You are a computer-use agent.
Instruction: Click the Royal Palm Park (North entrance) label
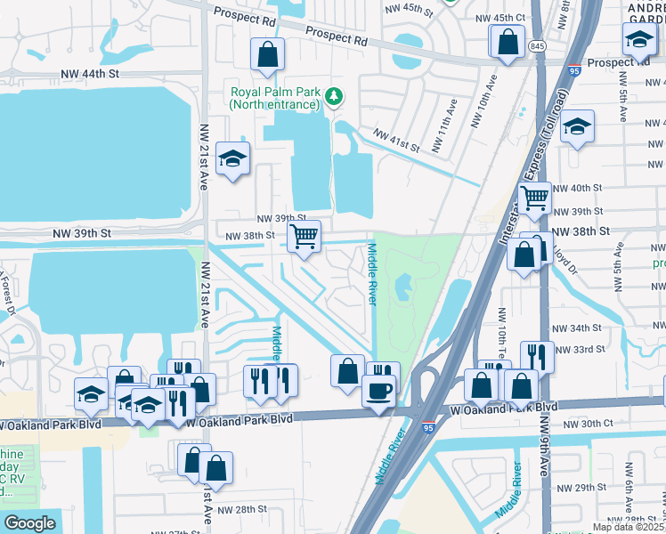click(273, 98)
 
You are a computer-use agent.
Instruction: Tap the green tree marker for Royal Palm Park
click(334, 95)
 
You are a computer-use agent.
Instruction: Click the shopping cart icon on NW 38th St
click(304, 237)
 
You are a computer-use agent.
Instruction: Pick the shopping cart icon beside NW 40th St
click(534, 198)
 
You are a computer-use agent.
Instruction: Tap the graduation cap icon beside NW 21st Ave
click(233, 158)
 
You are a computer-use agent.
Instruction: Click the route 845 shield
click(537, 45)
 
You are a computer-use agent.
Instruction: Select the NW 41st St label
click(396, 141)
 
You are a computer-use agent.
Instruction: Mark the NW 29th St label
click(581, 488)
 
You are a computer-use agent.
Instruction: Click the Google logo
click(29, 523)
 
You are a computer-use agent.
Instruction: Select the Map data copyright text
click(630, 527)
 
